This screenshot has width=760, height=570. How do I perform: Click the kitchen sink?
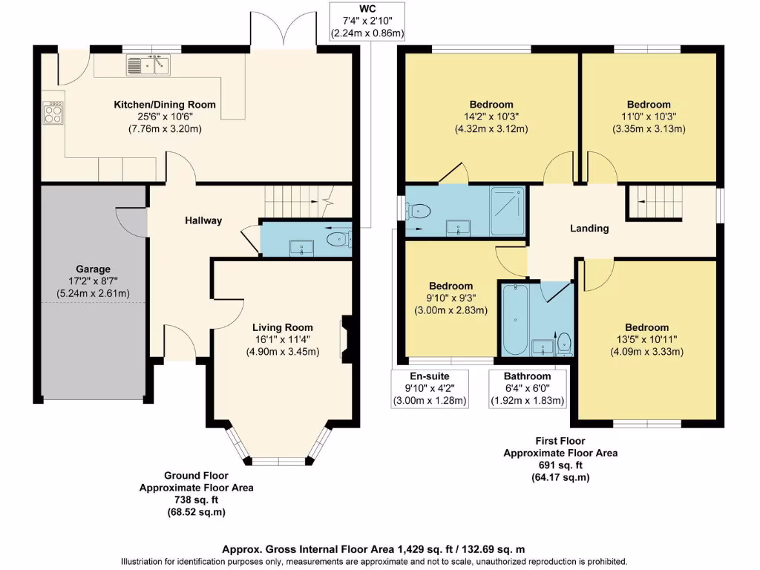pos(148,65)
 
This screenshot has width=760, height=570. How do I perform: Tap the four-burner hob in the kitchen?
pos(53,113)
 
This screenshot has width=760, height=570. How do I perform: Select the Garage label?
pos(93,269)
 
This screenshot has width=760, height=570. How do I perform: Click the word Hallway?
pos(203,220)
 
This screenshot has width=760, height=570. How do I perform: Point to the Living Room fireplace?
pos(346,338)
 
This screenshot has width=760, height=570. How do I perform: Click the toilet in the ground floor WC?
pos(338,239)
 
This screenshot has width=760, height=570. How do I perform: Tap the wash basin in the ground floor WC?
pos(301,248)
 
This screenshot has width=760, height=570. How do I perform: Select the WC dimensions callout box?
pos(367,22)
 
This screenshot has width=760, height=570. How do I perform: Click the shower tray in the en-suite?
pos(508,211)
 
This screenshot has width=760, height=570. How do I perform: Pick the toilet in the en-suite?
pos(419,212)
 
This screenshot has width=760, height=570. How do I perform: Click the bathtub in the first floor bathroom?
pos(515,320)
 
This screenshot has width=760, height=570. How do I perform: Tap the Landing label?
pos(589,229)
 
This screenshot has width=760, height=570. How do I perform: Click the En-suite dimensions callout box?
pos(430,389)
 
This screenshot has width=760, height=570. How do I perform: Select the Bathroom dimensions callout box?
pos(528,389)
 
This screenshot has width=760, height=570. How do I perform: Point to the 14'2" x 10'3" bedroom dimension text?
pos(491,117)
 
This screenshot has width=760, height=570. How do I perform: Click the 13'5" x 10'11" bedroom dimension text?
pos(647,340)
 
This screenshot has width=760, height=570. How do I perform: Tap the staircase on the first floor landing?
pos(655,203)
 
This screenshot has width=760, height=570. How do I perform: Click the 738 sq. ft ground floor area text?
pos(196,499)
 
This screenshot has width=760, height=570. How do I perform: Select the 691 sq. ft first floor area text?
pos(561,465)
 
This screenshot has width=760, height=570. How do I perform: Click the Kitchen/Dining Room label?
pos(165,105)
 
